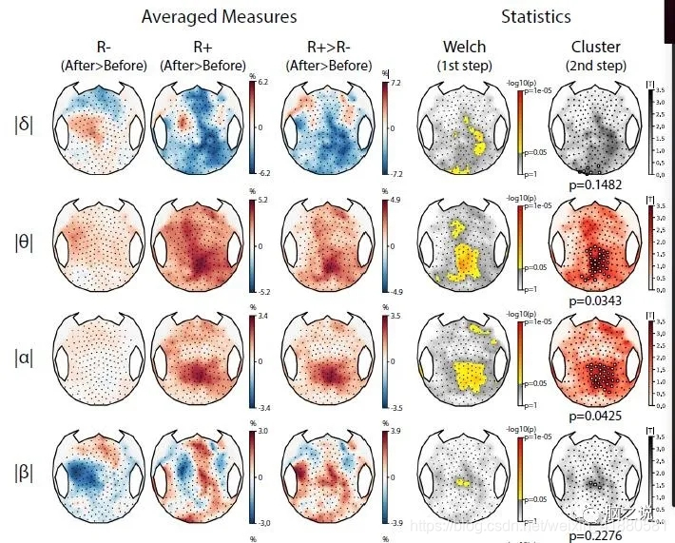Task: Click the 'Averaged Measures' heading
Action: click(x=219, y=17)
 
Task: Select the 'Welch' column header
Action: click(x=464, y=47)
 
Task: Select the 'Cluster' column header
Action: click(x=596, y=47)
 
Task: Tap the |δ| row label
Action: click(x=25, y=124)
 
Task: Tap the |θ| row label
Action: click(x=25, y=242)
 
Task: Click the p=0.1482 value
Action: click(x=596, y=184)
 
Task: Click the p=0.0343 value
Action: click(x=596, y=301)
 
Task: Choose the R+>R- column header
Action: click(x=328, y=47)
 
